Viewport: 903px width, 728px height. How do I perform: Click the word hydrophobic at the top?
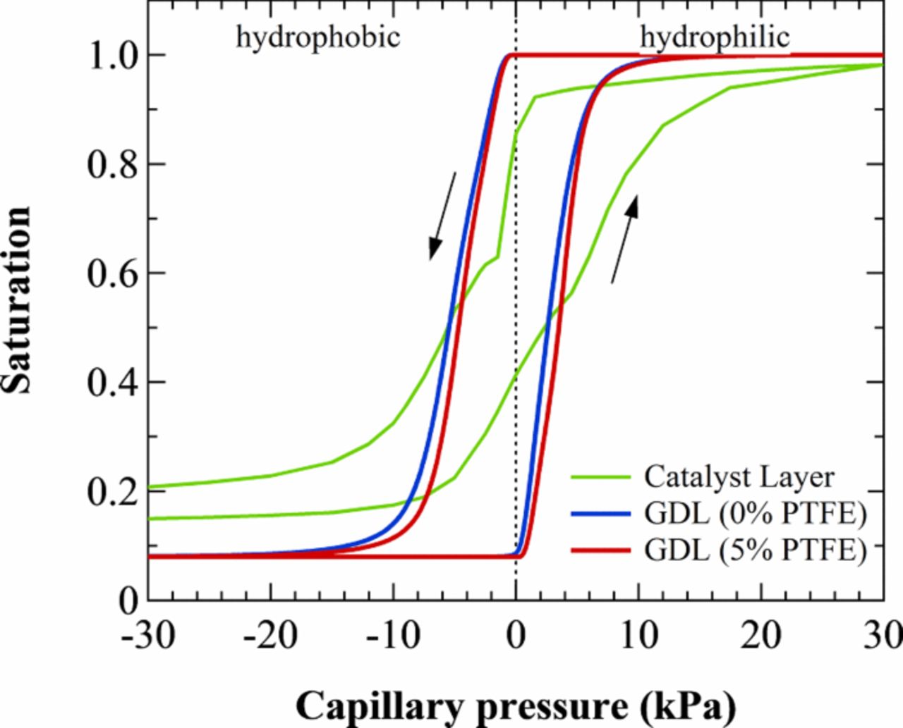(x=317, y=37)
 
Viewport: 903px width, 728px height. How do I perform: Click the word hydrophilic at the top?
(x=714, y=37)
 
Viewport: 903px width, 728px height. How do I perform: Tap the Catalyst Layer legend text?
(x=739, y=477)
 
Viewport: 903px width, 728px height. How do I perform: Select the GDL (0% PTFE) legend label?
(x=754, y=514)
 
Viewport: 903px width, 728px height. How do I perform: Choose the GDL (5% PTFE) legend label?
(x=754, y=550)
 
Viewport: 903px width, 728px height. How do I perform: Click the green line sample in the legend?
(x=600, y=478)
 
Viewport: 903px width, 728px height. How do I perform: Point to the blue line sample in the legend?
(x=600, y=514)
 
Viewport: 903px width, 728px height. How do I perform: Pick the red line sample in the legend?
(x=600, y=550)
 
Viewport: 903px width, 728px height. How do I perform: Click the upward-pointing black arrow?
(x=624, y=240)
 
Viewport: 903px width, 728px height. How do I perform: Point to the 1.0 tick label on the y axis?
(x=112, y=56)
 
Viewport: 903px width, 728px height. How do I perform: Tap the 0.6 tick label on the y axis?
(x=112, y=273)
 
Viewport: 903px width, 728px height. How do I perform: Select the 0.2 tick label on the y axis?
(x=112, y=492)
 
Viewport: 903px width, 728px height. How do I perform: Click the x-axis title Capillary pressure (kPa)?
(x=516, y=705)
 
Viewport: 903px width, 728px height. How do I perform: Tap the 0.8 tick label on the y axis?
(x=112, y=165)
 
